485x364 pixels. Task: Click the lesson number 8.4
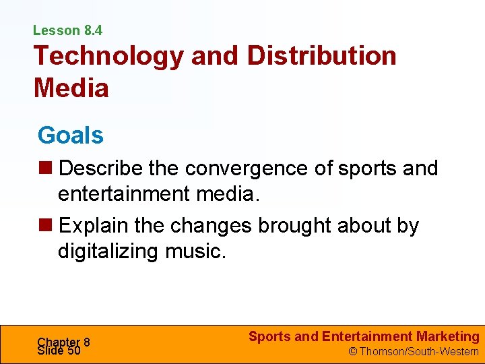tap(93, 30)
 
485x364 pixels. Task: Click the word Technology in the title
tap(108, 56)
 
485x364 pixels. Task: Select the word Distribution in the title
tap(322, 56)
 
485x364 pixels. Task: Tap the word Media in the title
tap(71, 88)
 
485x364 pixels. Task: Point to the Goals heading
tap(71, 135)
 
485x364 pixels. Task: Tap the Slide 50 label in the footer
tap(59, 351)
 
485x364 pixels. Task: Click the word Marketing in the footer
tap(448, 336)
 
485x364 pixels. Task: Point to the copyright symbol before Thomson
tap(351, 351)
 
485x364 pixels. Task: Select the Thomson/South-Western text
tap(418, 351)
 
